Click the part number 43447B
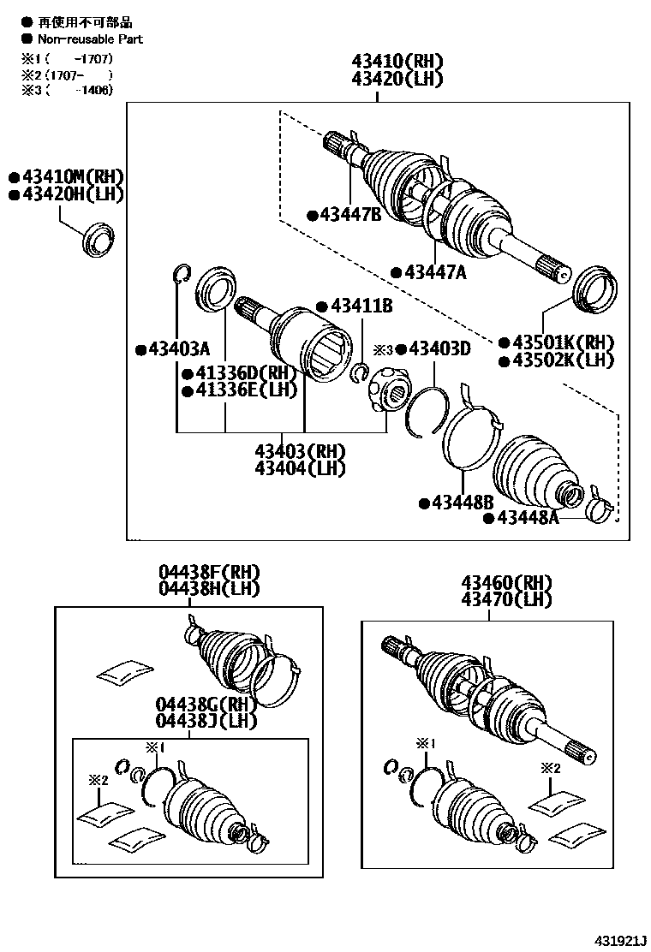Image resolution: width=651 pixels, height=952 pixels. coord(351,215)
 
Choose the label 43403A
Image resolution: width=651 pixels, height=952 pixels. coord(178,348)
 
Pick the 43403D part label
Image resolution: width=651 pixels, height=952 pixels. coord(439,348)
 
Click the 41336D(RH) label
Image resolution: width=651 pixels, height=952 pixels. coord(244,374)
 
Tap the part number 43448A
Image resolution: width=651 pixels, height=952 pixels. coord(528,517)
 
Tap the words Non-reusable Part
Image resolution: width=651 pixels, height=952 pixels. coord(90,39)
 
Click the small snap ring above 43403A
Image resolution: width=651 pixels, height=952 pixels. coord(180,273)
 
